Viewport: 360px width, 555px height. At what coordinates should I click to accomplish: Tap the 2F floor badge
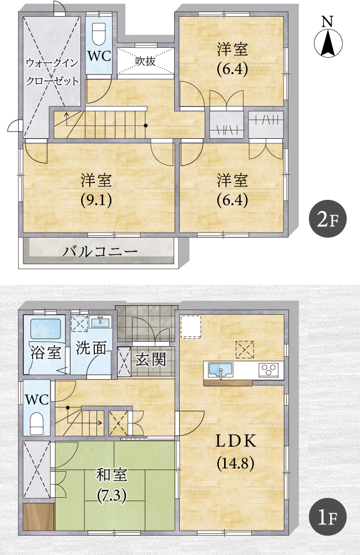(327, 219)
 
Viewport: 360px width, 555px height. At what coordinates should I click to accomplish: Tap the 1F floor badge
(327, 517)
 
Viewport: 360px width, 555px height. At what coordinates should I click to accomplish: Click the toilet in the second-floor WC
(99, 33)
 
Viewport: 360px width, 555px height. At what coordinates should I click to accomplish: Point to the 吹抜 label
(145, 61)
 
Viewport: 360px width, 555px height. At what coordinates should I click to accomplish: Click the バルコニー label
(100, 252)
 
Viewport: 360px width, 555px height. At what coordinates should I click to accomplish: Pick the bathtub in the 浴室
(45, 329)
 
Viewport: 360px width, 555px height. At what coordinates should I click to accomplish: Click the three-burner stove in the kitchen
(269, 370)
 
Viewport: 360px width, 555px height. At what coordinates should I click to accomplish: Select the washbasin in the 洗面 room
(100, 321)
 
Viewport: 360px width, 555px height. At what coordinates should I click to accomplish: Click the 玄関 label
(151, 360)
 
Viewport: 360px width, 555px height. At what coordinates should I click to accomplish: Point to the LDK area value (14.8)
(236, 463)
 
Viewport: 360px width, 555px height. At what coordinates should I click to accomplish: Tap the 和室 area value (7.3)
(111, 496)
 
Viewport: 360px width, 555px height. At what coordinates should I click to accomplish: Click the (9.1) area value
(97, 200)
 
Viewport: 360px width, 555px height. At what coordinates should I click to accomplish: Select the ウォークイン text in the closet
(52, 63)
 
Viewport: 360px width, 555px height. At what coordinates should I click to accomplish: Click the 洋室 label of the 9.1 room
(96, 180)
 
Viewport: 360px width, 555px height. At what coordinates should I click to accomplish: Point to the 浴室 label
(45, 352)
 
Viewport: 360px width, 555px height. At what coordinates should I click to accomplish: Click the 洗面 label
(91, 349)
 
